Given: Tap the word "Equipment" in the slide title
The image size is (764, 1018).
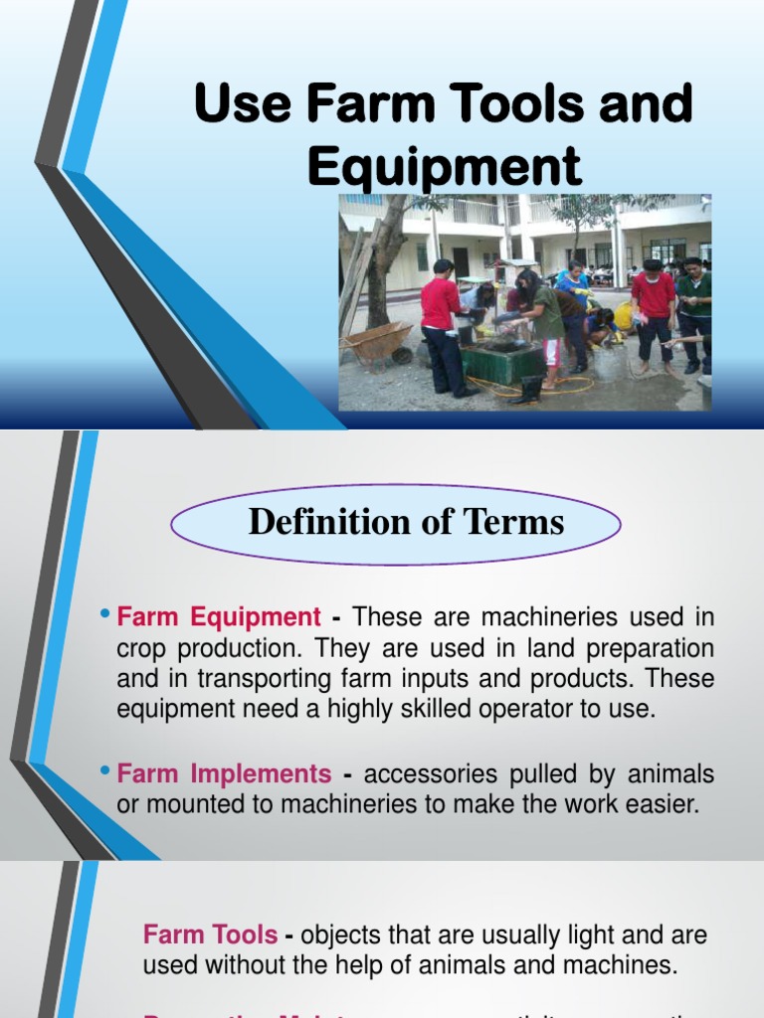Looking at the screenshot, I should [x=444, y=165].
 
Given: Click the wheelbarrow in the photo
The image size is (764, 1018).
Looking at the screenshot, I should [x=376, y=343].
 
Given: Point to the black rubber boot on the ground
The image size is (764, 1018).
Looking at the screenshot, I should [x=527, y=391].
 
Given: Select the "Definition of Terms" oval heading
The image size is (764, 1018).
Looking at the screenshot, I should [x=396, y=523].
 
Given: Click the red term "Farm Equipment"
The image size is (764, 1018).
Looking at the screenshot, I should [x=219, y=617].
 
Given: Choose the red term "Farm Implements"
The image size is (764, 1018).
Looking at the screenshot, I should [x=224, y=773].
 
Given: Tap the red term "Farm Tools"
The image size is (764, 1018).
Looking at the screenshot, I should [x=210, y=934].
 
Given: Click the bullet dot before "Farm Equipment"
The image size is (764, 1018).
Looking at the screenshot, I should [x=104, y=616].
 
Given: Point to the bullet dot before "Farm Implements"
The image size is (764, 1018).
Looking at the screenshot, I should [x=104, y=772].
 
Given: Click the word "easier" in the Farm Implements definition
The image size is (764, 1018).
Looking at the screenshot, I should [x=667, y=804].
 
